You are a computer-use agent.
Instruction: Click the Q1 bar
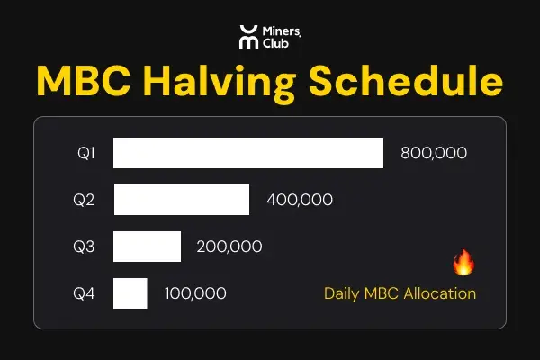click(x=248, y=153)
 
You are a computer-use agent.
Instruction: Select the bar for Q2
click(x=181, y=200)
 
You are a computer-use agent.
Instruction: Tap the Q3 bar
click(x=147, y=247)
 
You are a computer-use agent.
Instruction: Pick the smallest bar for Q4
click(x=130, y=293)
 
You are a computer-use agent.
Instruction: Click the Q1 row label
click(x=86, y=153)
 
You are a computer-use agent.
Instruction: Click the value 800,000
click(x=434, y=153)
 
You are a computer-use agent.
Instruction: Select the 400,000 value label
click(x=300, y=200)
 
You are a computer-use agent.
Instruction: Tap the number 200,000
click(x=229, y=247)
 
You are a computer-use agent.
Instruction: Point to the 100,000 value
click(x=195, y=293)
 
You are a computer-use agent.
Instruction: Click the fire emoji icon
click(x=463, y=263)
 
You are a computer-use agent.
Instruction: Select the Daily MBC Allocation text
click(x=400, y=293)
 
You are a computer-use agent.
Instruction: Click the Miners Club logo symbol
click(x=247, y=37)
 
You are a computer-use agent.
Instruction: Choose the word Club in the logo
click(x=276, y=43)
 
